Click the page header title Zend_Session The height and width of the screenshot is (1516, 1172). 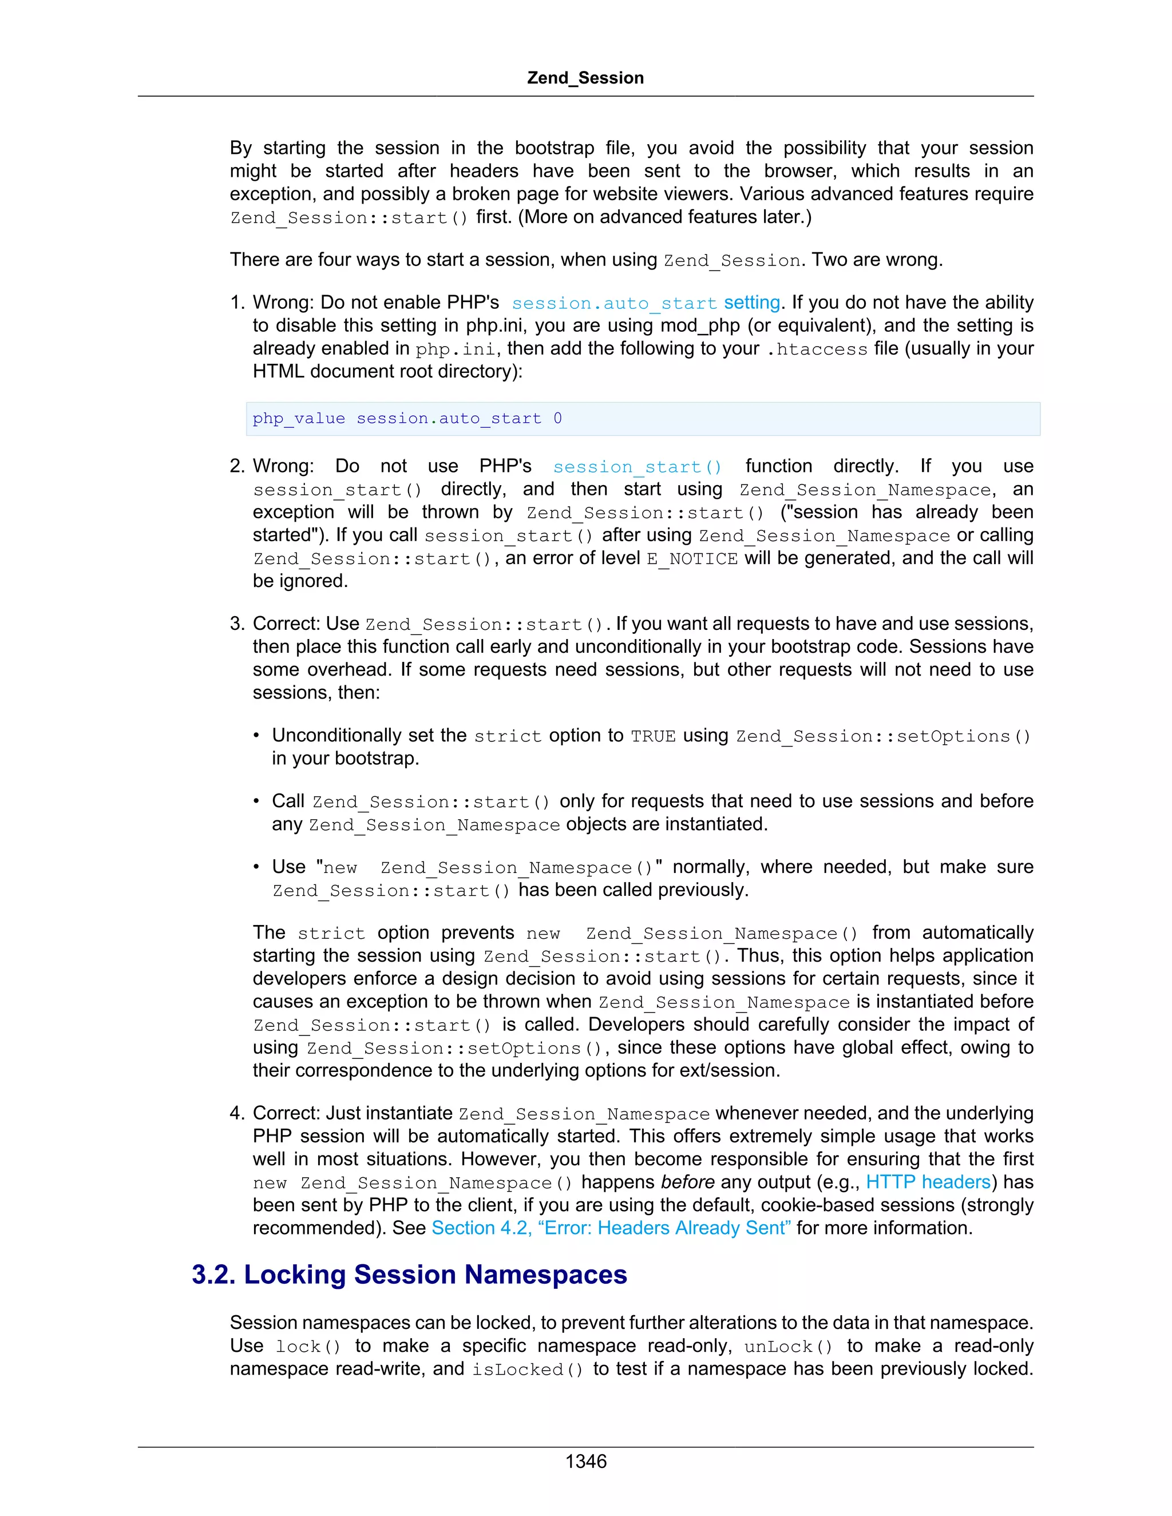pos(585,78)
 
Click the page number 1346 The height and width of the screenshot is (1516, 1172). pos(585,1461)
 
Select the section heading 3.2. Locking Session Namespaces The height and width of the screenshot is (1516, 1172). pos(409,1275)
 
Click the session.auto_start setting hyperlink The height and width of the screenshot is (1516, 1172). pos(646,303)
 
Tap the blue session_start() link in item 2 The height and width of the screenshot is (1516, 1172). pos(637,466)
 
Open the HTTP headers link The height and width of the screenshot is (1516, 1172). pos(928,1181)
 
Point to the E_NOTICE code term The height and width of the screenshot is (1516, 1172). pos(692,559)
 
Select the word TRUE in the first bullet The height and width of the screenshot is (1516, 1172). pos(652,736)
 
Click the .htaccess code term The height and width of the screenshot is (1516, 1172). pos(817,348)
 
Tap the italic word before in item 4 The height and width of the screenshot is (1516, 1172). pos(687,1181)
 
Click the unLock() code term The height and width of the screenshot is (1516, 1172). pos(788,1347)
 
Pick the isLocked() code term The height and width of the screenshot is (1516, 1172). pos(528,1370)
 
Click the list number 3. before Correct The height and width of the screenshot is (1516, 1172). pos(237,624)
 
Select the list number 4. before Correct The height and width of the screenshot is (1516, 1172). pos(237,1113)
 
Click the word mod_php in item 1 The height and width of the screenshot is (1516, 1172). pos(697,326)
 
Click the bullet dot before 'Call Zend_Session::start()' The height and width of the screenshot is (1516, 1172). pos(256,801)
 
